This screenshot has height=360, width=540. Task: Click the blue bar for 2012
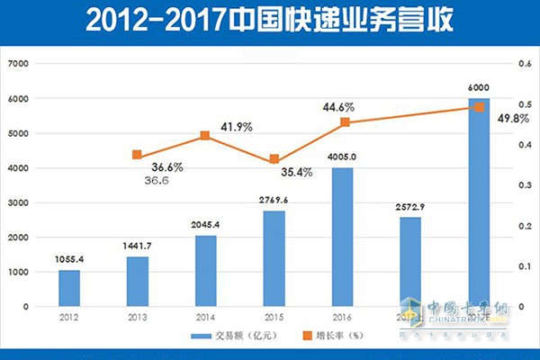tap(69, 288)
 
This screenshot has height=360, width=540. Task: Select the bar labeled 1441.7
tap(137, 281)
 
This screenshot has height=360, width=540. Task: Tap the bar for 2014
tap(205, 270)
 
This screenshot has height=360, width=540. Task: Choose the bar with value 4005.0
tap(343, 237)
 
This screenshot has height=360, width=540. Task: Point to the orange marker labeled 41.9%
tap(205, 136)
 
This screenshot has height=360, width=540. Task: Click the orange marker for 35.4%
tap(274, 159)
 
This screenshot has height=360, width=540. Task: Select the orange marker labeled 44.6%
tap(344, 121)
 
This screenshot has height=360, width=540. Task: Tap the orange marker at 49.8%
tap(480, 106)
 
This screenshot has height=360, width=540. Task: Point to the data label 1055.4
tap(69, 259)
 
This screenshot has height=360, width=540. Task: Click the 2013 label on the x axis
tap(137, 318)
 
